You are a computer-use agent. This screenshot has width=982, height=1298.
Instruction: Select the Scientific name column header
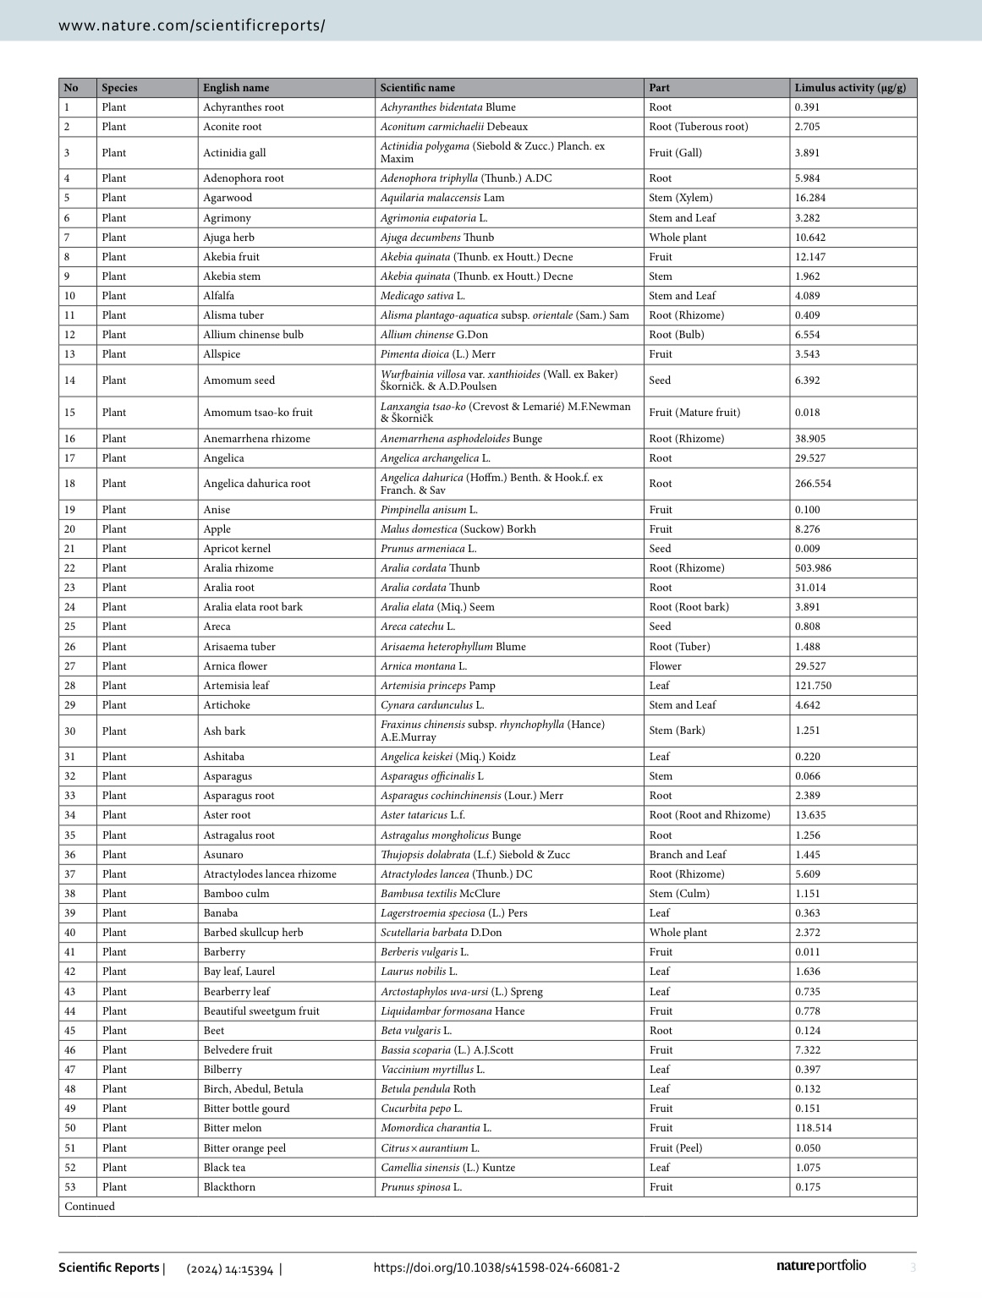417,88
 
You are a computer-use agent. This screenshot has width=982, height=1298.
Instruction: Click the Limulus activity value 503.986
813,568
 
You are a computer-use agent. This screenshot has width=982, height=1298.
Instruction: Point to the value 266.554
813,484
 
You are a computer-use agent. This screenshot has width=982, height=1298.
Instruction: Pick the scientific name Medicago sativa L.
422,296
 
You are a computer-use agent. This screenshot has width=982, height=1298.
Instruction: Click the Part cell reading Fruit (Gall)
675,153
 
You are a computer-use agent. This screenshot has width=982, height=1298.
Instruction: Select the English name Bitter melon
233,1128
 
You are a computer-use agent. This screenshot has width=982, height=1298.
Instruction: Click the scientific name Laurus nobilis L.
419,972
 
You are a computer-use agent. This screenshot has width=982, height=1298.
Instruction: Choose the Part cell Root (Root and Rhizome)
710,815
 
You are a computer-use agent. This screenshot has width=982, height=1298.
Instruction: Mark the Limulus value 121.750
813,686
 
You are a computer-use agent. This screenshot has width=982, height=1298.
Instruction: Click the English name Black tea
224,1168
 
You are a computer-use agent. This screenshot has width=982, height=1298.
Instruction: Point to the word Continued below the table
90,1207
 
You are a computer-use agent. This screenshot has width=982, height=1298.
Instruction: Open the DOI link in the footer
496,1268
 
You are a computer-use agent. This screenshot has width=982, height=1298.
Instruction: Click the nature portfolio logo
820,1266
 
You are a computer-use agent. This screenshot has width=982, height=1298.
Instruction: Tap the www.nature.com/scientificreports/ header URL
191,25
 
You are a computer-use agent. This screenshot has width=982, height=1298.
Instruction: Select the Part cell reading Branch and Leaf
688,855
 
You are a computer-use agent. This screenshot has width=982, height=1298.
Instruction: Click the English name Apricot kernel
237,549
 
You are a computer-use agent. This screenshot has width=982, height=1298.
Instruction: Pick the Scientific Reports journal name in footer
108,1268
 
